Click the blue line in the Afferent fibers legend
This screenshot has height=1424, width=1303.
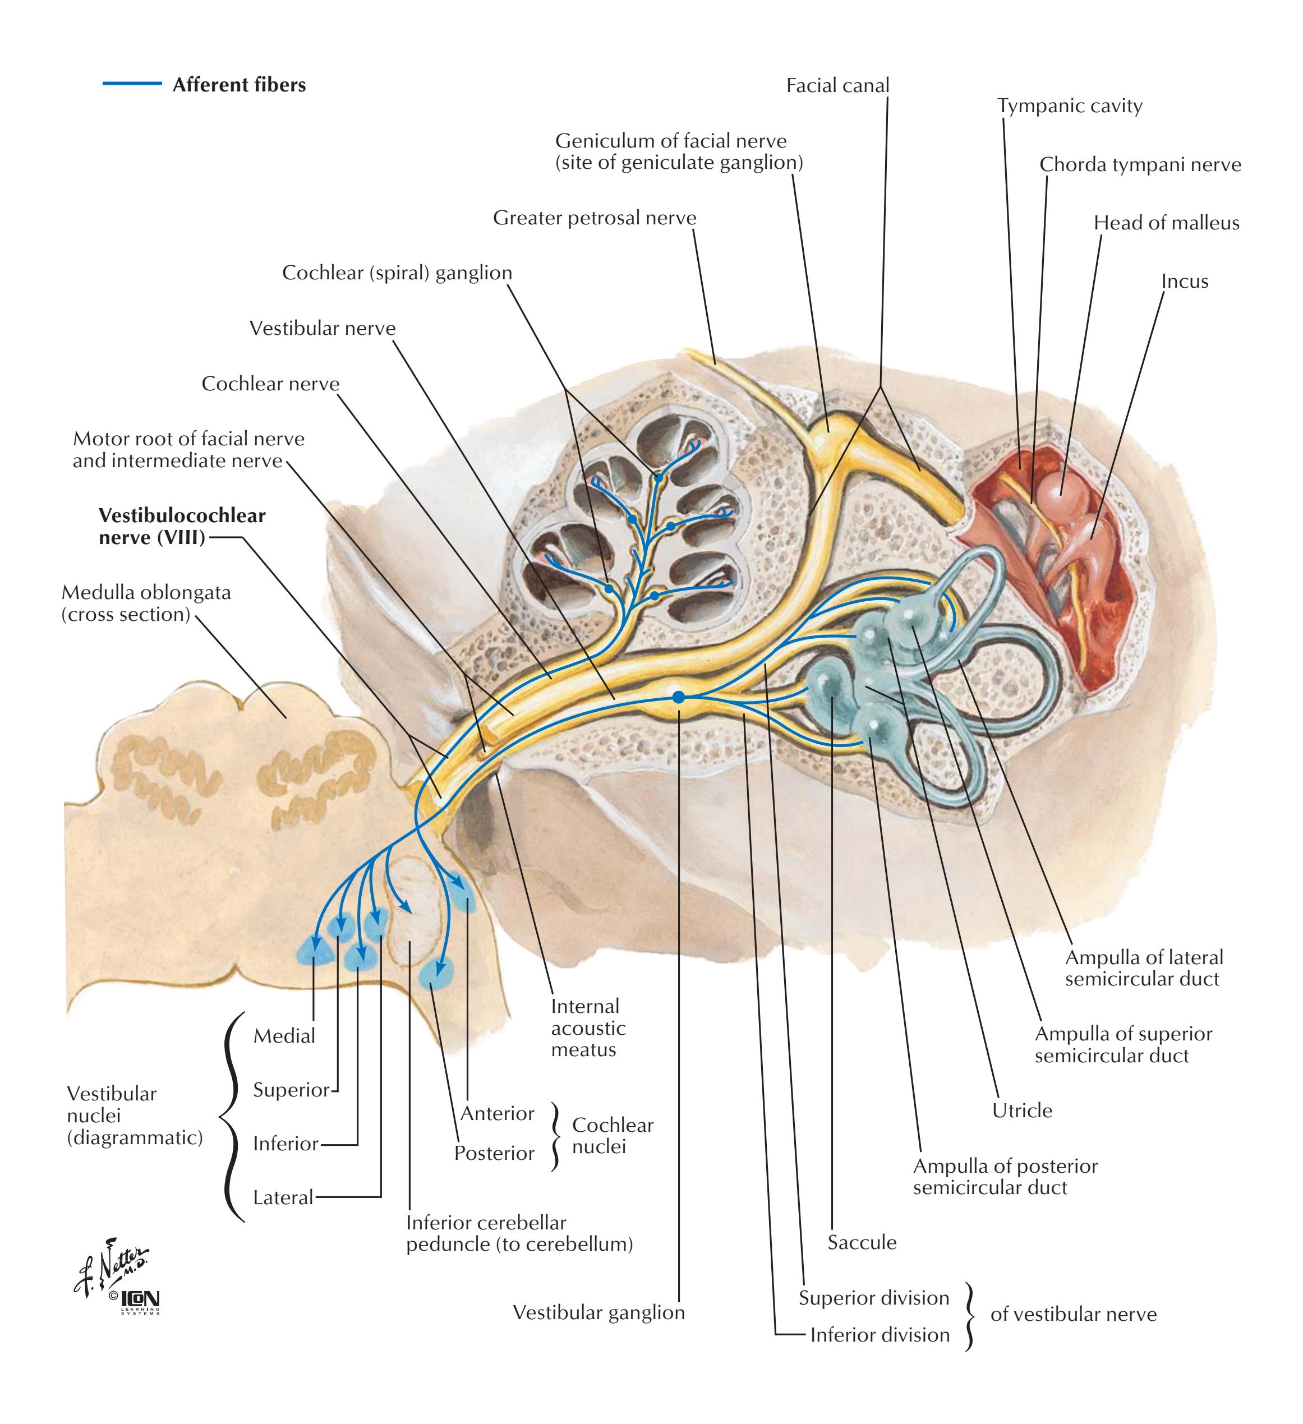(132, 84)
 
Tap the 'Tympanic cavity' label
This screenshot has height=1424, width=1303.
(1069, 106)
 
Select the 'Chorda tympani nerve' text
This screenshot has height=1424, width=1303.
(1140, 164)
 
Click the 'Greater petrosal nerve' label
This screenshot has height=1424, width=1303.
(594, 218)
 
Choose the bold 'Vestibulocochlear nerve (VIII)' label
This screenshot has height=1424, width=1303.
(182, 526)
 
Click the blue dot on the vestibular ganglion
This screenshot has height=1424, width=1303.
(678, 697)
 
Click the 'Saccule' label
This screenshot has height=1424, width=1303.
(862, 1242)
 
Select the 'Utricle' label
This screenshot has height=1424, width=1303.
(1022, 1110)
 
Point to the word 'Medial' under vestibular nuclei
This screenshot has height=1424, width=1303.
(284, 1036)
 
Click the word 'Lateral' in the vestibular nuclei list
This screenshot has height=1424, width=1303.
(283, 1197)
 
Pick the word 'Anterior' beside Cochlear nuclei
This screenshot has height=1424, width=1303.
(498, 1114)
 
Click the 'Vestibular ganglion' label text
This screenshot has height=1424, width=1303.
(598, 1312)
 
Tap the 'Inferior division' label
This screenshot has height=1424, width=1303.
(880, 1334)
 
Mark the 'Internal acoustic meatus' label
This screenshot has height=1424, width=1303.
(588, 1027)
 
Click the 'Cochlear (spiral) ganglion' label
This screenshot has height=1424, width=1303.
(397, 273)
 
